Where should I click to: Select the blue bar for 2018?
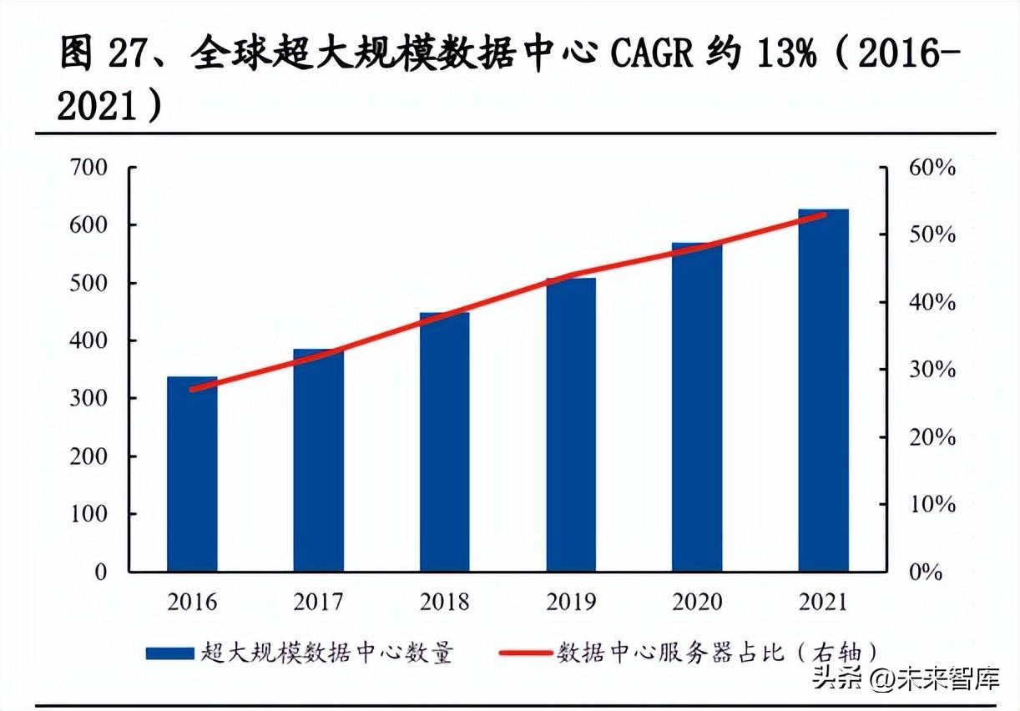[445, 442]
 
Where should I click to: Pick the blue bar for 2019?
[571, 425]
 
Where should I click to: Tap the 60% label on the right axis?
[932, 168]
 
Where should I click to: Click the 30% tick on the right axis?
[932, 370]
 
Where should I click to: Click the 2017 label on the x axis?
[319, 602]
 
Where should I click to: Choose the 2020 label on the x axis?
[697, 602]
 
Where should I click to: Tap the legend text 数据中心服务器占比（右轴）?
[717, 653]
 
